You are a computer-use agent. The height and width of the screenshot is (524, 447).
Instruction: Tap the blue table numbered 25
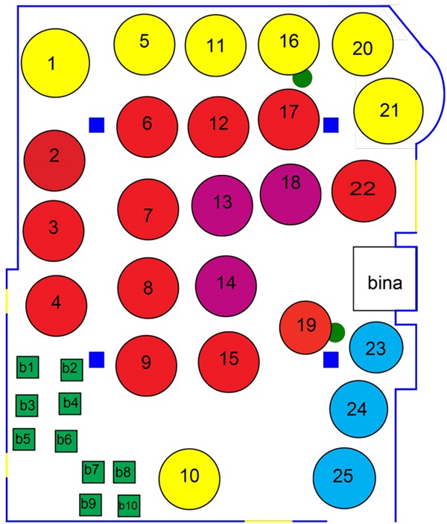(343, 476)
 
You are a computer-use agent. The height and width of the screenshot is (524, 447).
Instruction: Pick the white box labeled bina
(384, 279)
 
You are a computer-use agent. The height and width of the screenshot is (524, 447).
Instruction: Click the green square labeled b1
(28, 367)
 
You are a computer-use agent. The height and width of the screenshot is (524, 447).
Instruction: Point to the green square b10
(128, 506)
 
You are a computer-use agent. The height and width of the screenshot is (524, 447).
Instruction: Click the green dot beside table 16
(302, 77)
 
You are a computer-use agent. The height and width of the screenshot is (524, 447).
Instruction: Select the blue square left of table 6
(96, 124)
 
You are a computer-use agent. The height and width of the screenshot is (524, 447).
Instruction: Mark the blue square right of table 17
(330, 124)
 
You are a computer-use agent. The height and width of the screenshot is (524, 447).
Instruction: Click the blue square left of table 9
(96, 360)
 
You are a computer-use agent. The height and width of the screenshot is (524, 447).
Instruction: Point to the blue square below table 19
(331, 360)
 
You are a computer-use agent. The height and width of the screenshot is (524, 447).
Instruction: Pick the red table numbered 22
(362, 190)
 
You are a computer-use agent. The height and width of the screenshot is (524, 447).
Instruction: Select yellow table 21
(388, 111)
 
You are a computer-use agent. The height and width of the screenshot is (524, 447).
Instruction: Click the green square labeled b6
(66, 440)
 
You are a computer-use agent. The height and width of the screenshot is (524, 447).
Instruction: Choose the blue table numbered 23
(376, 348)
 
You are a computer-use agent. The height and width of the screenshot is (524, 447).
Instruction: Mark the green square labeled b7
(92, 471)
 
